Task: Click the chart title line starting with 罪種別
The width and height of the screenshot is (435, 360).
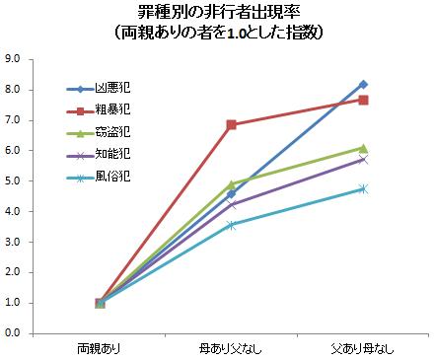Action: [217, 13]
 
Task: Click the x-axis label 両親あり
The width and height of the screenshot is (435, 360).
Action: [100, 348]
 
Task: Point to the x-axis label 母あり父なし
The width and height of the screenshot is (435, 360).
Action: [232, 348]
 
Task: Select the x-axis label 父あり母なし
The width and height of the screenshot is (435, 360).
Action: [363, 348]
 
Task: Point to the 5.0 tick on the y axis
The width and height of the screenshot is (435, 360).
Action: [14, 180]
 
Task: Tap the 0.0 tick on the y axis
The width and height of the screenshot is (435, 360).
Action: [14, 333]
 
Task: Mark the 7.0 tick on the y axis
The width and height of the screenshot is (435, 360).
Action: [14, 119]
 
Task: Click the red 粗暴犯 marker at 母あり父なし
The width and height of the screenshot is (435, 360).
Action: [232, 124]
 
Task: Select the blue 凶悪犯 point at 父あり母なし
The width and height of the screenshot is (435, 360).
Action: [363, 84]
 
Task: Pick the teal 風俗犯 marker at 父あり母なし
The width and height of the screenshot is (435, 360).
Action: [363, 188]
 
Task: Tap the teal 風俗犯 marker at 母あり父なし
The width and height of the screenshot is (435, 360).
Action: [232, 225]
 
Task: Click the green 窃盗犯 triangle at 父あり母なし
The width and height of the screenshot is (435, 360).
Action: [363, 148]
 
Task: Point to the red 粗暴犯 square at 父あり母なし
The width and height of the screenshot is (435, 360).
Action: [363, 100]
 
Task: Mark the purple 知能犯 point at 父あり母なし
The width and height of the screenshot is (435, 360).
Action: [363, 159]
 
